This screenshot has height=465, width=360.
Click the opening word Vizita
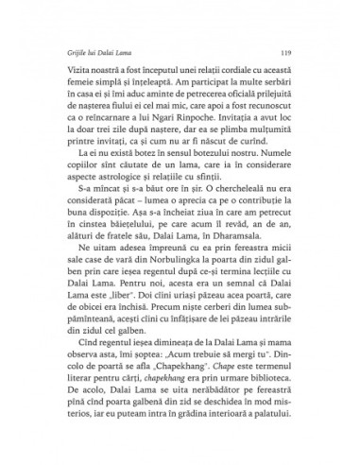[x=75, y=71]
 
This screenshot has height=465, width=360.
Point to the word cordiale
[x=225, y=71]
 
